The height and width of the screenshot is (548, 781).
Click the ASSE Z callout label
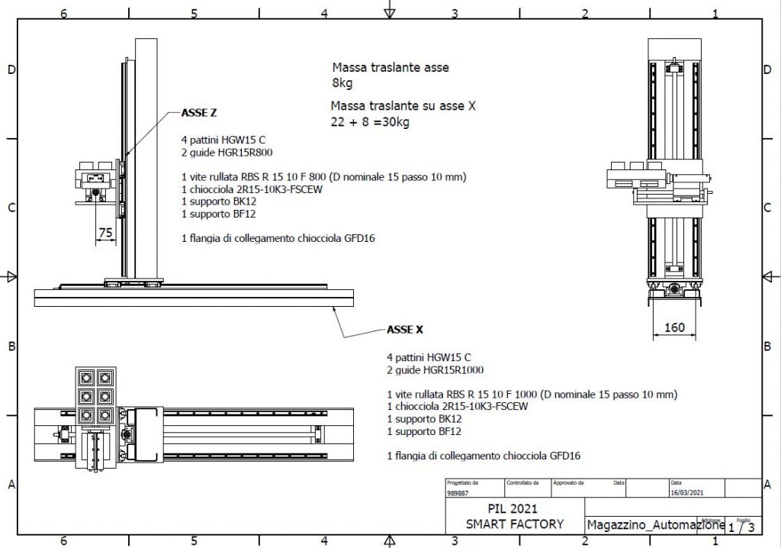click(199, 113)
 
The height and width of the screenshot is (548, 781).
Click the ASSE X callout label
click(405, 330)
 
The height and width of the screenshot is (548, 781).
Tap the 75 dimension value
click(105, 232)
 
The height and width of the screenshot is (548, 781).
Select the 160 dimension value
click(674, 327)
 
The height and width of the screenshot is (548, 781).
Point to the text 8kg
click(342, 82)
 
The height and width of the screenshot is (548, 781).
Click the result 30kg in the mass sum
click(396, 121)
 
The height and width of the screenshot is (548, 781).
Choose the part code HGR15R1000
click(453, 370)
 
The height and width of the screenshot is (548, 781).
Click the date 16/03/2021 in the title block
click(687, 492)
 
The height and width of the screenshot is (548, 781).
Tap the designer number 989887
click(458, 493)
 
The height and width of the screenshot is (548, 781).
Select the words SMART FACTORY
click(515, 524)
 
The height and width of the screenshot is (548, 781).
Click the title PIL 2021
click(513, 508)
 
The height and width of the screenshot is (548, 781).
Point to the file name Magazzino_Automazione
click(655, 524)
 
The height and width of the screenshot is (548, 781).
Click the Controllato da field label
click(522, 482)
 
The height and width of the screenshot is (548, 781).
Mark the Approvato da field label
click(568, 482)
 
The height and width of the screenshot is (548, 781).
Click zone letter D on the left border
click(11, 69)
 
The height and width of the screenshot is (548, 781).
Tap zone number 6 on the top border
click(63, 14)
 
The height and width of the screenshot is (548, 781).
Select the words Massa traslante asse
click(390, 67)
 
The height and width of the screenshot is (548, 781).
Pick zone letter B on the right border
click(767, 346)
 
